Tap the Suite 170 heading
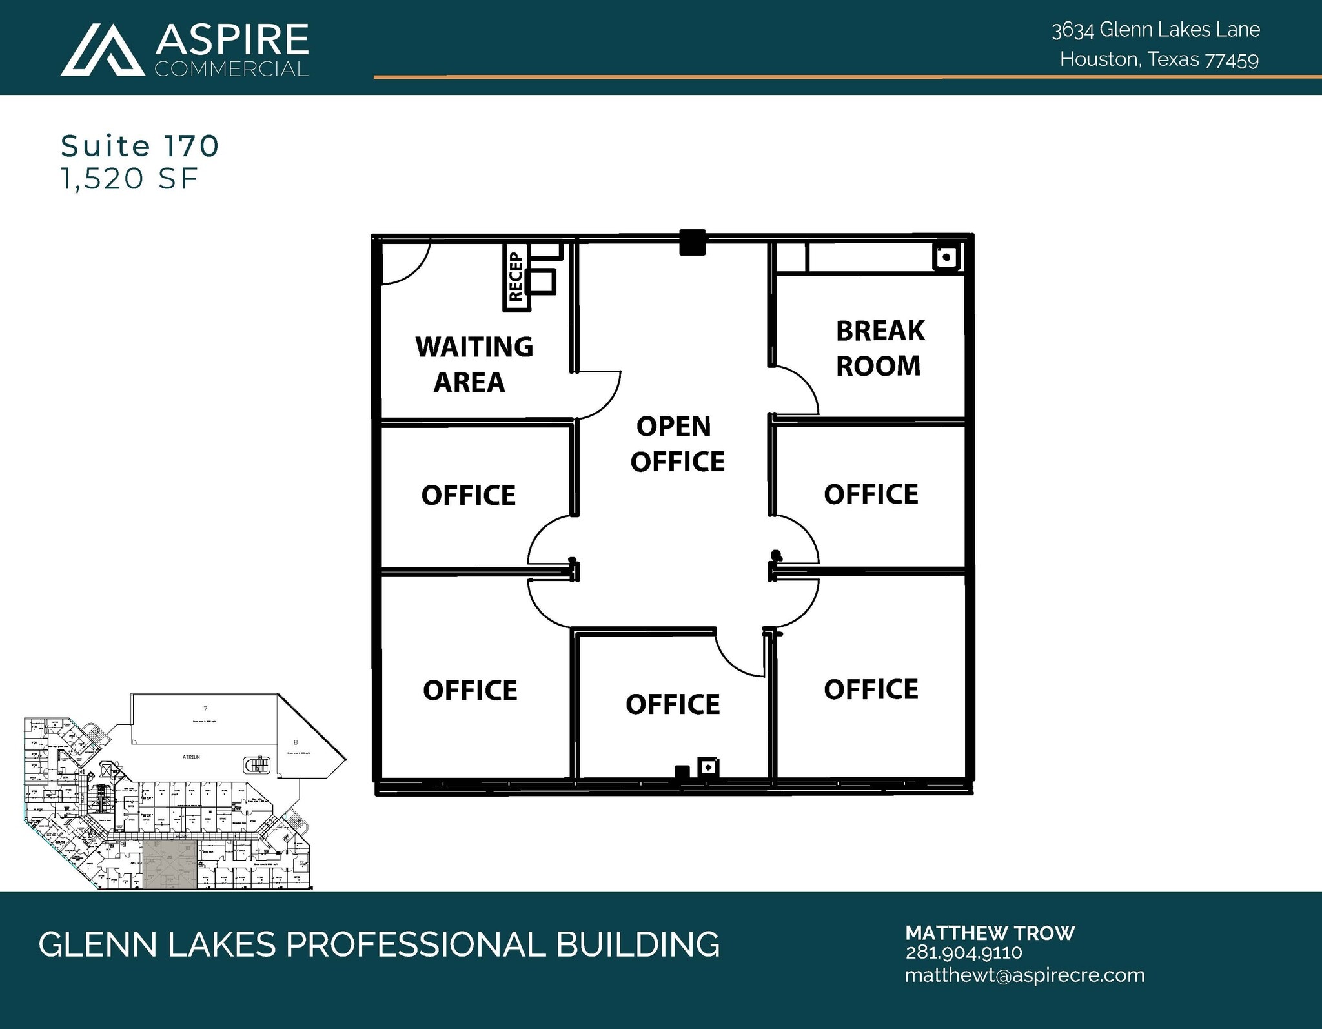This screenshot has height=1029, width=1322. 140,146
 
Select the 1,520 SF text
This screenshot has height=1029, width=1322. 129,179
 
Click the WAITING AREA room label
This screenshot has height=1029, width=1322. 474,364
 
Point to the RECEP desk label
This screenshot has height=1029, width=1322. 515,278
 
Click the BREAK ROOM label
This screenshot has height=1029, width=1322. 879,349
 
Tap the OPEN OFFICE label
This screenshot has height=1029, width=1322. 676,444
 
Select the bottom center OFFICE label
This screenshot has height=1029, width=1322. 673,704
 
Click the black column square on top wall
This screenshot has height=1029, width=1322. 692,243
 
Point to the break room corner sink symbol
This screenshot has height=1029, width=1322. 946,257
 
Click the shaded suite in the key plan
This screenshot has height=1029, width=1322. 169,864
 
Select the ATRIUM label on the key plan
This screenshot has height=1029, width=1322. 191,757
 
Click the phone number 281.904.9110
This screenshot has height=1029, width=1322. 963,952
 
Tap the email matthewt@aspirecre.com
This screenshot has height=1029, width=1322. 1024,975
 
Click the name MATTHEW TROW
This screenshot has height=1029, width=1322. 990,933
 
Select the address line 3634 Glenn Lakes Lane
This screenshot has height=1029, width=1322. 1155,30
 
